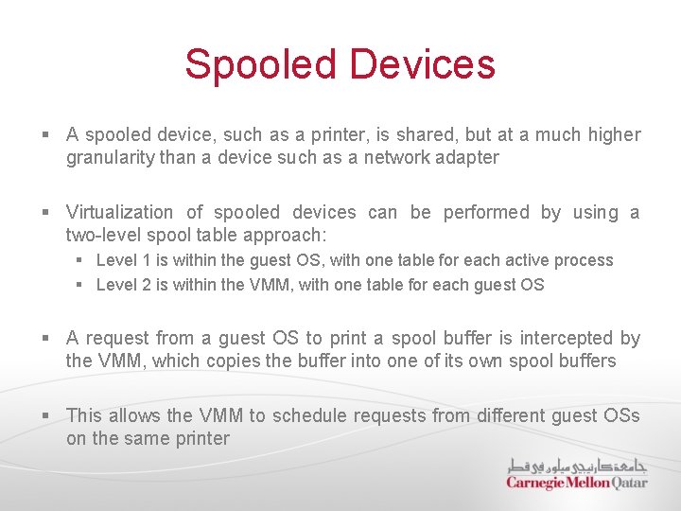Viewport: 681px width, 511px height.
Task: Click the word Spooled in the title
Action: [x=260, y=64]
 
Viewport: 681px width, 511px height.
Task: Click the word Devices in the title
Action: [x=422, y=64]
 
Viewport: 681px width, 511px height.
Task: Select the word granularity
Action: [x=110, y=157]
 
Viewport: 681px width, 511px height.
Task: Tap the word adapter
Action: [x=466, y=157]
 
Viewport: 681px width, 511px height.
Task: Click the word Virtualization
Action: [x=119, y=212]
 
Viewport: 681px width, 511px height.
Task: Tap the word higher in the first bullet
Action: [x=614, y=134]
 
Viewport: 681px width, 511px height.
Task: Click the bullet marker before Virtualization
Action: [x=47, y=212]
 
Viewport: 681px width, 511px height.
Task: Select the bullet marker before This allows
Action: [x=47, y=415]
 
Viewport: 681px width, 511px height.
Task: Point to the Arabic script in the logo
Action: [x=578, y=466]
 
